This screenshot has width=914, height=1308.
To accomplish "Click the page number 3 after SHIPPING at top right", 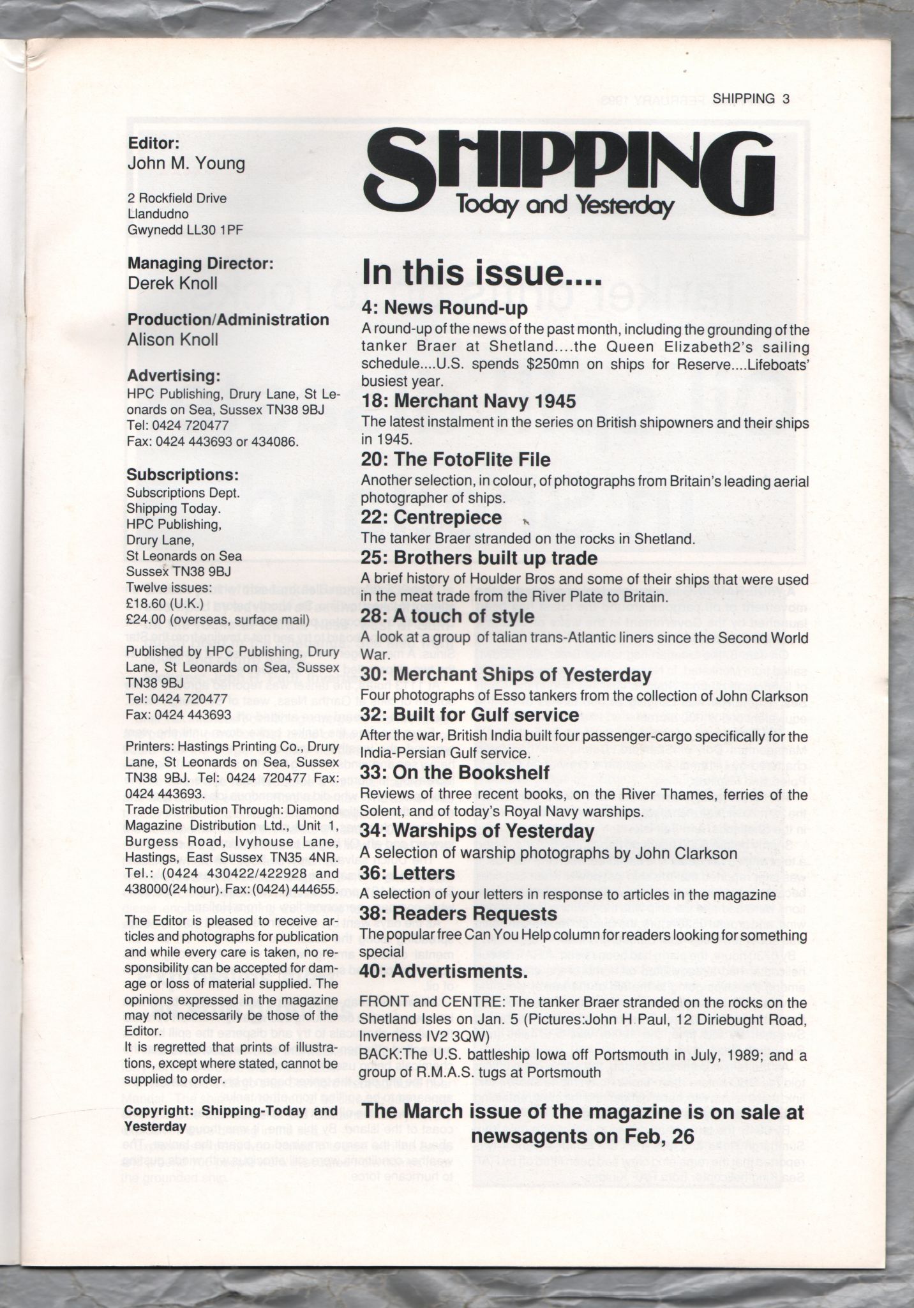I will [x=786, y=98].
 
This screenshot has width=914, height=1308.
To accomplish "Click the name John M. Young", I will [x=186, y=163].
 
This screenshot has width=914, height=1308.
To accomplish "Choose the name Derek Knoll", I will [x=172, y=283].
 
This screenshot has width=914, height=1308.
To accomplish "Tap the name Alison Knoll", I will [x=172, y=339].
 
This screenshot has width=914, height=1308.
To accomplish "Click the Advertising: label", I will [x=174, y=376].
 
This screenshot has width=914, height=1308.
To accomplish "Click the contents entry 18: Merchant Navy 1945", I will [x=468, y=401].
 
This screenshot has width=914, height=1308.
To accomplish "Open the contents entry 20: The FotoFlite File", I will [x=455, y=460].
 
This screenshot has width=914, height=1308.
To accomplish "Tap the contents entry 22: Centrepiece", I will [x=431, y=517].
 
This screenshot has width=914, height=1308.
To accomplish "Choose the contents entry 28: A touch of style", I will [x=447, y=616].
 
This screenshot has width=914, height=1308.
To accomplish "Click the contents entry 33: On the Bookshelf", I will [x=455, y=773].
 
